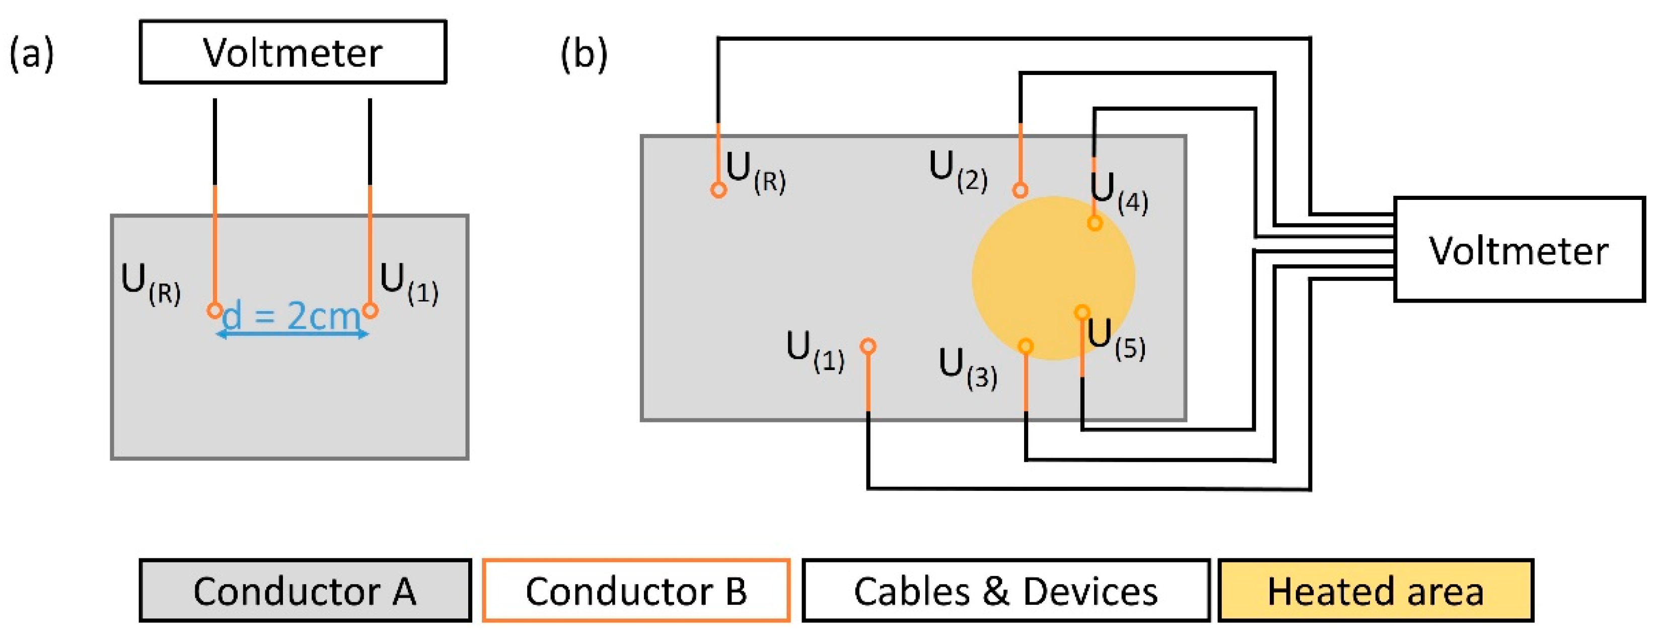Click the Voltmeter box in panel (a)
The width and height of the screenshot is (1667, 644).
tap(293, 52)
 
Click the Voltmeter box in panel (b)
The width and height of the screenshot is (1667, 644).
tap(1519, 249)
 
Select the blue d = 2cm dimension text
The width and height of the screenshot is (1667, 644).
tap(291, 316)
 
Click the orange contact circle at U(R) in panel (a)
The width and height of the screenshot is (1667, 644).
tap(215, 311)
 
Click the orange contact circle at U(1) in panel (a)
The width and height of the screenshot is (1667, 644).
tap(370, 311)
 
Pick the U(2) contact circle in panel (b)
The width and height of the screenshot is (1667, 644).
tap(1021, 190)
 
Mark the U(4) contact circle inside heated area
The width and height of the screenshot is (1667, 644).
tap(1094, 223)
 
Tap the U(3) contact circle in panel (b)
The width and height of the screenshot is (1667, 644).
tap(1026, 346)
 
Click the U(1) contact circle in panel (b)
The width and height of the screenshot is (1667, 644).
tap(868, 346)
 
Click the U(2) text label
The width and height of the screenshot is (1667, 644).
tap(958, 170)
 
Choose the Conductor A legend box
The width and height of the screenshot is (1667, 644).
tap(305, 590)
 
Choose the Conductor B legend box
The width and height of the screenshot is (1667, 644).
tap(636, 590)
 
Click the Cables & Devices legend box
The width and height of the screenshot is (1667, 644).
tap(1005, 590)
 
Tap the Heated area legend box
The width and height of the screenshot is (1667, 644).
tap(1375, 590)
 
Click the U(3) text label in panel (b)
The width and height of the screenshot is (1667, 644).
tap(968, 368)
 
